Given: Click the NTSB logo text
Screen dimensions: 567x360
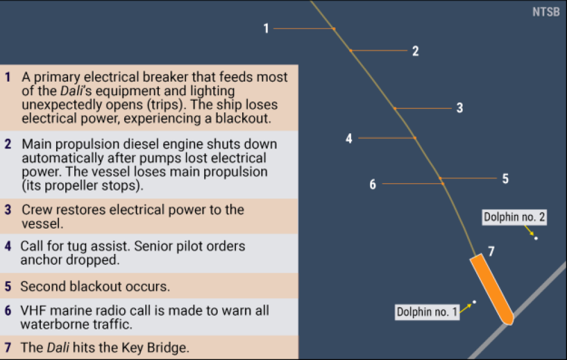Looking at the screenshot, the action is (545, 12).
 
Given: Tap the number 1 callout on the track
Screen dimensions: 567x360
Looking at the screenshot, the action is (266, 28).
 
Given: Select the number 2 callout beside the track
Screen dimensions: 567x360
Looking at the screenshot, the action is (416, 51).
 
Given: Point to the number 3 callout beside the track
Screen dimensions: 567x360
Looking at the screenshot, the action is (460, 108).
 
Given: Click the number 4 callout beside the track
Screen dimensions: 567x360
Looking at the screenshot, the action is (349, 138).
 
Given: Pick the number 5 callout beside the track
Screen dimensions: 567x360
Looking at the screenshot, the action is (506, 179).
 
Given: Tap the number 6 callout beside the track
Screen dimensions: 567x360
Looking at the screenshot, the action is (373, 184).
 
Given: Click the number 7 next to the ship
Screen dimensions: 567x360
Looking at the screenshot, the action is (491, 251).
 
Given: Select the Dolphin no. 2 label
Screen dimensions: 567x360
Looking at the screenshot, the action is (514, 217).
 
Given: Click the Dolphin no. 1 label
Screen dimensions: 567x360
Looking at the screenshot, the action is (427, 312).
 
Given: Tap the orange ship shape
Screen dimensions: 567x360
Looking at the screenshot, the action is (492, 289).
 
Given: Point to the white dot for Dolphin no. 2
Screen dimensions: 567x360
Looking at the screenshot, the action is (536, 238).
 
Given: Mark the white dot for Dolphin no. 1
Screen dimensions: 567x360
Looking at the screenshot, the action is (475, 302).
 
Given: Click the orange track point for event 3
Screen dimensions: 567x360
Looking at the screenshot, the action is (395, 108).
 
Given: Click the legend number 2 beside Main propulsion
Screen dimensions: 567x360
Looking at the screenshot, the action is (8, 144).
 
